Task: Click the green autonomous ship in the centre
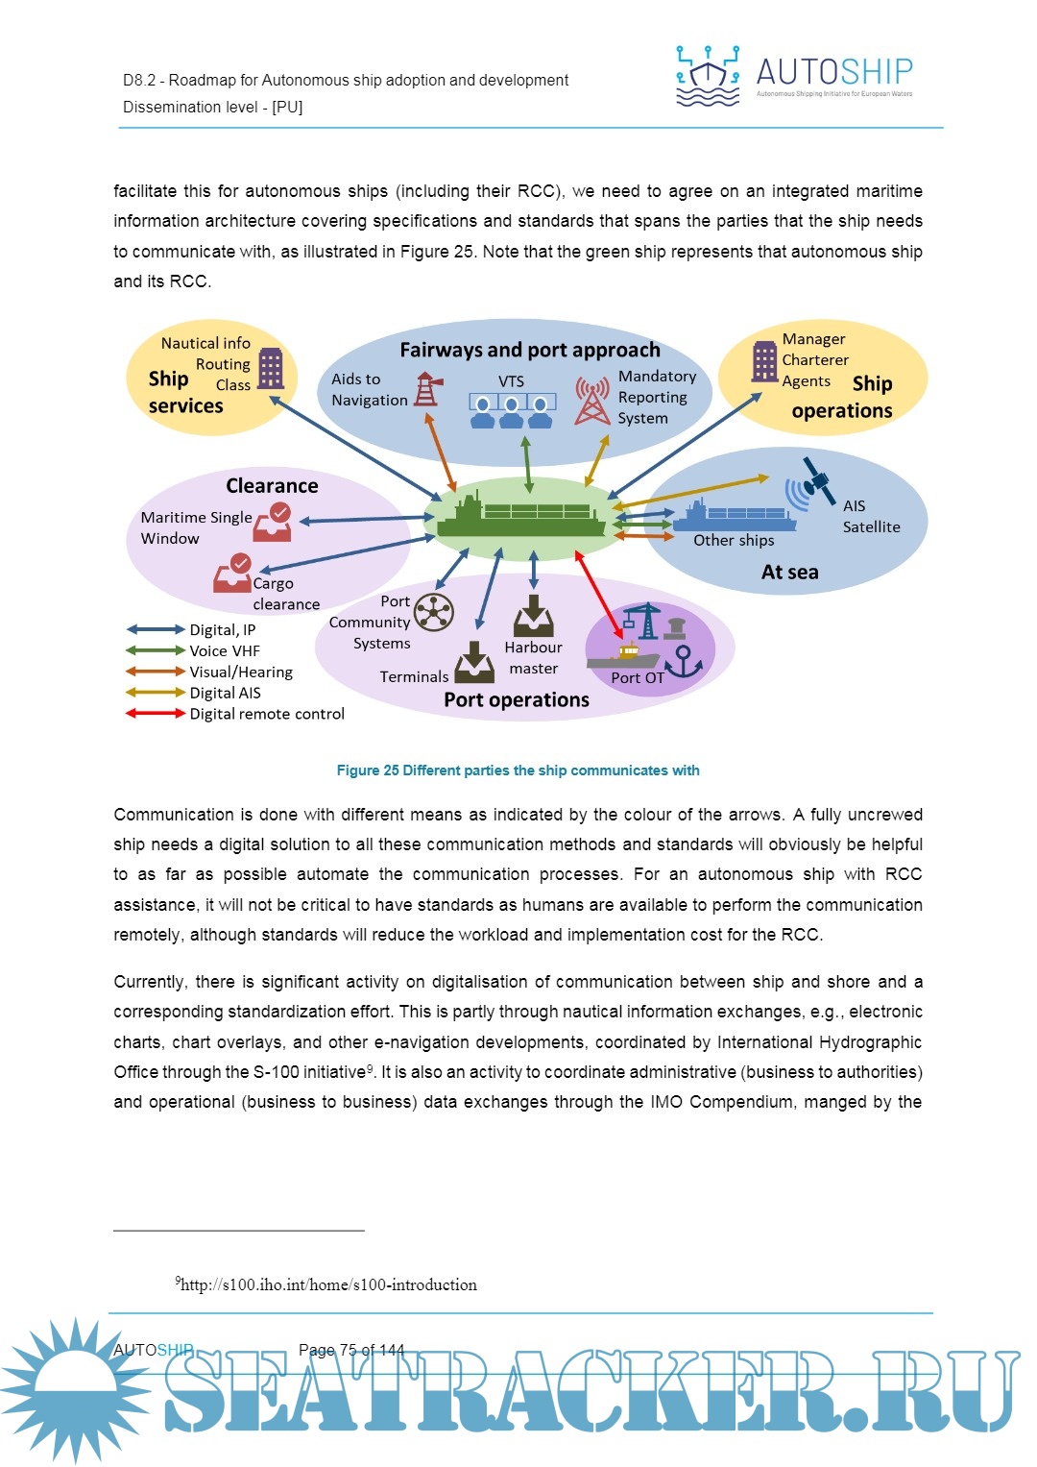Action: (x=521, y=517)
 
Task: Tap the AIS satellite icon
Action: (x=809, y=483)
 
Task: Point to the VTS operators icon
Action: (x=512, y=410)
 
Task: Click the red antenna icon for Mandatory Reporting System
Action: (x=592, y=401)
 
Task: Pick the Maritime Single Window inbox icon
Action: (x=273, y=522)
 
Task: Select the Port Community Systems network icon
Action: (x=434, y=612)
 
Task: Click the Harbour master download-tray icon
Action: (x=534, y=617)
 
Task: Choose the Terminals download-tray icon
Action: (x=473, y=663)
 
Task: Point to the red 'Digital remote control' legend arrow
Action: (x=155, y=714)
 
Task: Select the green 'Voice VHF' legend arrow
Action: (x=155, y=650)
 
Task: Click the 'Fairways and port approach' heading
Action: (x=530, y=350)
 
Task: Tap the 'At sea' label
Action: (x=789, y=573)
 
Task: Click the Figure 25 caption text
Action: (x=518, y=770)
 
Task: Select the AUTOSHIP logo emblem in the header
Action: (x=708, y=75)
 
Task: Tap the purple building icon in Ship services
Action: (x=271, y=368)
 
